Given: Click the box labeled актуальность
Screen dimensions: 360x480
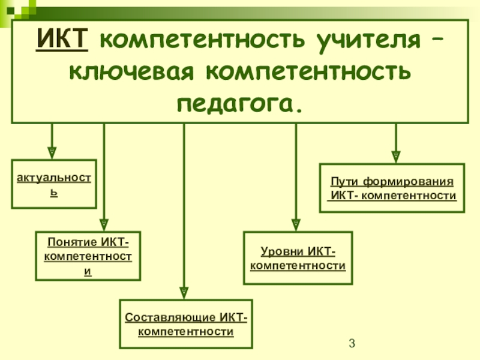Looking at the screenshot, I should [54, 184].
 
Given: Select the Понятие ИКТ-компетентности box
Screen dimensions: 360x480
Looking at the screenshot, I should [88, 256].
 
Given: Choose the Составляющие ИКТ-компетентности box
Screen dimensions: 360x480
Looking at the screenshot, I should [186, 323].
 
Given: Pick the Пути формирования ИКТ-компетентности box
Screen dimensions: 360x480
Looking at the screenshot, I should [392, 188].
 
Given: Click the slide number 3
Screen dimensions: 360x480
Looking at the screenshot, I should [352, 344].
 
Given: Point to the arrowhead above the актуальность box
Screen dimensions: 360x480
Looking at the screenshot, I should [52, 152].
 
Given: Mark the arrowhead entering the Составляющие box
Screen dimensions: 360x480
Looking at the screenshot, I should [184, 292].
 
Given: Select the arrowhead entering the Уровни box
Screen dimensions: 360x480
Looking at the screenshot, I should [296, 224].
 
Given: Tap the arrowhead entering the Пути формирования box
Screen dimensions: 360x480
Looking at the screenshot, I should [395, 155].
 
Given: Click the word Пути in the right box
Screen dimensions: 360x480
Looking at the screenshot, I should [343, 181].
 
